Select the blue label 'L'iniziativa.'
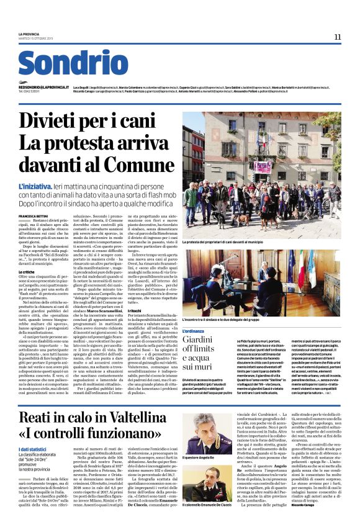37,169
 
